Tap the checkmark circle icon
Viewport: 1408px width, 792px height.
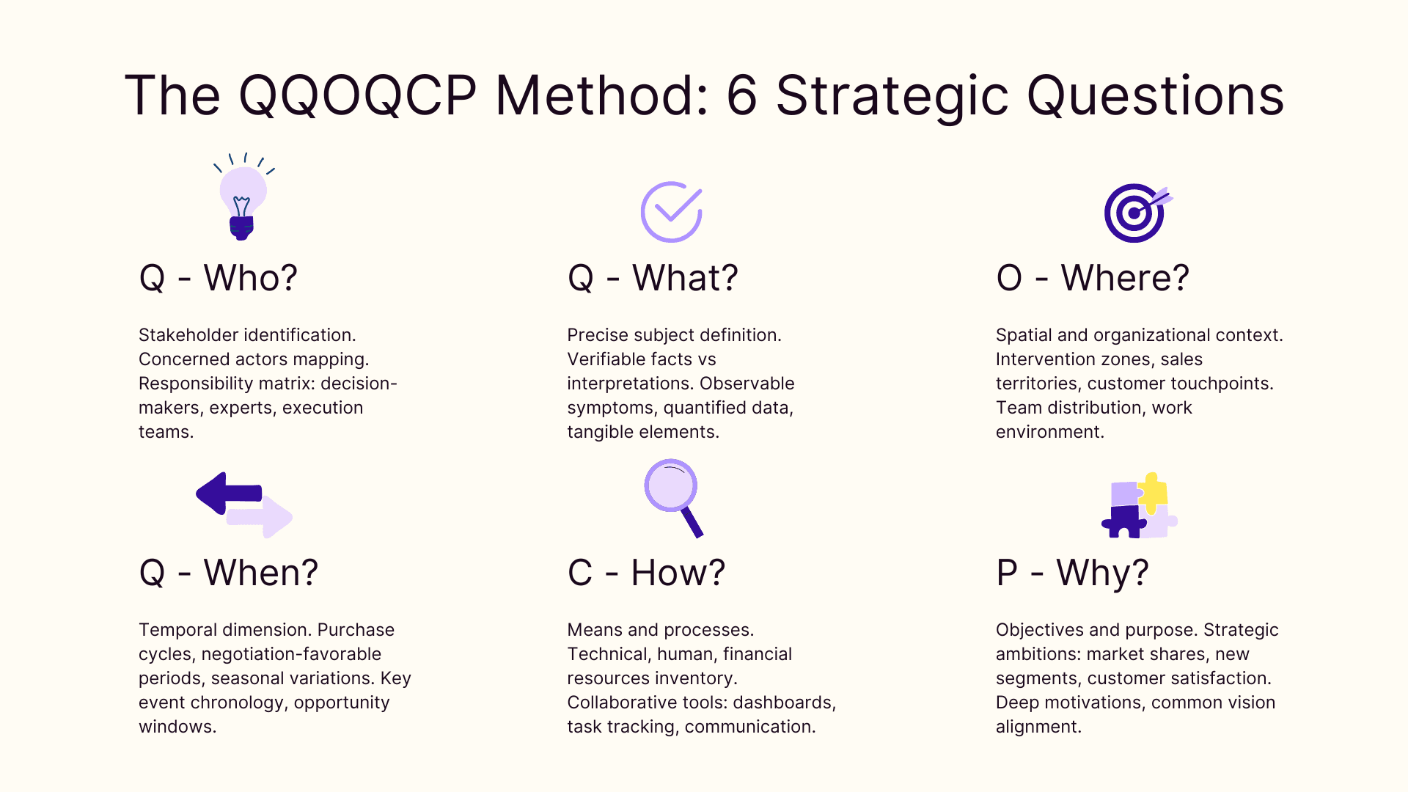tap(671, 212)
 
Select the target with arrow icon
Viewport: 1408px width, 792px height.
tap(1135, 213)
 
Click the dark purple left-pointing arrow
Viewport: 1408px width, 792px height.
tap(227, 493)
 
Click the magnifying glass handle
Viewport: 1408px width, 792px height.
tap(692, 522)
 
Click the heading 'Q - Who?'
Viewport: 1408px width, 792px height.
tap(218, 278)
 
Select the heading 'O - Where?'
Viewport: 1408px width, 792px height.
tap(1092, 278)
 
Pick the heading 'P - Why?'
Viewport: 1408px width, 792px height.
tap(1071, 573)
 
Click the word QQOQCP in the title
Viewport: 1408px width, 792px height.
tap(357, 95)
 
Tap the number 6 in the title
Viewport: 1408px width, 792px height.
tap(741, 95)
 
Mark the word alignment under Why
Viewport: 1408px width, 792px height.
tap(1038, 727)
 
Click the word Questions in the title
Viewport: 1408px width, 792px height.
tap(1154, 95)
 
